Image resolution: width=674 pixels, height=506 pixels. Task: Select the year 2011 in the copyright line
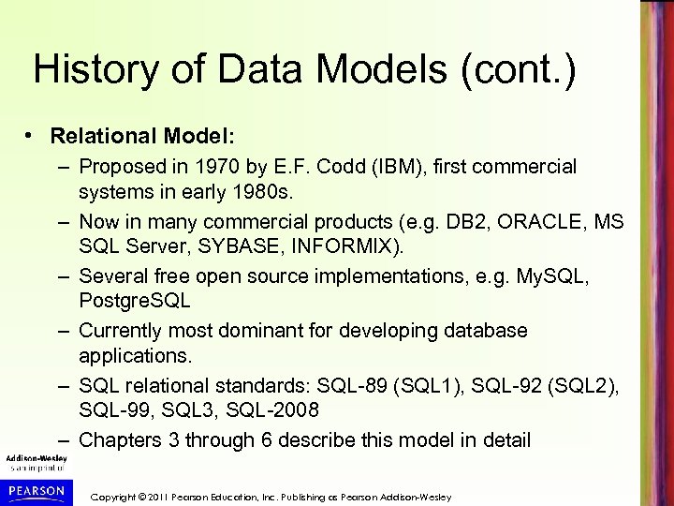[x=169, y=495]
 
